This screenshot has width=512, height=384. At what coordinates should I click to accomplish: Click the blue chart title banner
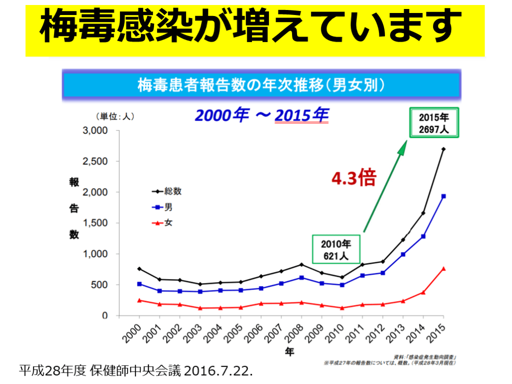tap(261, 85)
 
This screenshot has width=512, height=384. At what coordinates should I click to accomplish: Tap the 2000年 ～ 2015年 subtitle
tap(261, 115)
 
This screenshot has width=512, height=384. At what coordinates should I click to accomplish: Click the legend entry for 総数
tap(167, 191)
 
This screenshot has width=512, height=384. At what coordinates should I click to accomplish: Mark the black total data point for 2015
tap(443, 149)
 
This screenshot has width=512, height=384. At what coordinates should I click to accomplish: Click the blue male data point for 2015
tap(443, 196)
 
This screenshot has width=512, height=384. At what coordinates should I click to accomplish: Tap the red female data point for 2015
tap(443, 268)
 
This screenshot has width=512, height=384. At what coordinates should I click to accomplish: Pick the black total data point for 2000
tap(139, 269)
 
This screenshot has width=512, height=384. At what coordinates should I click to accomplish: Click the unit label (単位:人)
tap(115, 116)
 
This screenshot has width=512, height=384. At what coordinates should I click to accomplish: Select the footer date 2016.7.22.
tap(219, 371)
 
